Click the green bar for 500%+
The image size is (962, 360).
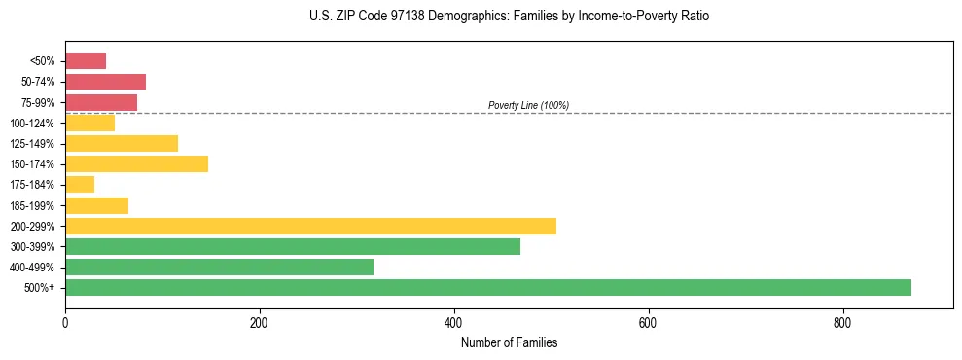487,287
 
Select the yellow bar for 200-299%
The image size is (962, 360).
310,226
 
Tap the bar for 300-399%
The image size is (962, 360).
292,246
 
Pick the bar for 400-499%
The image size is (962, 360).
219,267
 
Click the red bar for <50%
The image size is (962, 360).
86,61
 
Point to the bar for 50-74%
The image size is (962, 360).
105,82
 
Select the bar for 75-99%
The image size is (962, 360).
101,102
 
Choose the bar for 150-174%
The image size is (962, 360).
136,163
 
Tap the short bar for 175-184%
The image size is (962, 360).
80,184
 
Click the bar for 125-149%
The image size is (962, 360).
122,143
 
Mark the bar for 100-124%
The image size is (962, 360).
89,123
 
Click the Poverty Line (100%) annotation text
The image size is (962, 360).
528,105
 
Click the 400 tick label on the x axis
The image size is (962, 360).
453,322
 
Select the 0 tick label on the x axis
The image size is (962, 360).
65,322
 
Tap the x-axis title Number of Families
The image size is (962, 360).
509,342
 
